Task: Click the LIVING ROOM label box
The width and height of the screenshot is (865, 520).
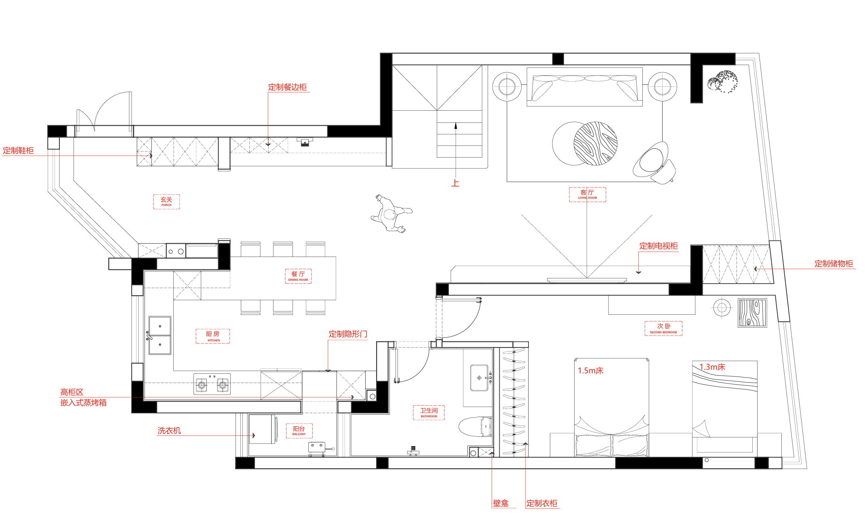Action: click(587, 194)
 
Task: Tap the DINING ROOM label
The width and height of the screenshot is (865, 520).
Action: click(298, 276)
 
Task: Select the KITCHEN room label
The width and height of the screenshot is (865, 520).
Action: click(213, 336)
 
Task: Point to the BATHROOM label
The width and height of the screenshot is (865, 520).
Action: click(429, 413)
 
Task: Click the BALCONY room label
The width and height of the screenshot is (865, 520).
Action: click(299, 431)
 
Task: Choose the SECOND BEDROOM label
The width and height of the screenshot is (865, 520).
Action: click(663, 328)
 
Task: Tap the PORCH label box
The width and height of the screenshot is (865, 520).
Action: click(166, 202)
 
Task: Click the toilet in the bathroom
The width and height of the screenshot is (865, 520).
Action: click(475, 427)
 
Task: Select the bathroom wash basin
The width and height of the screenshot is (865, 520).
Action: click(480, 378)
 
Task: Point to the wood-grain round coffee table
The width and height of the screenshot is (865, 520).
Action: click(596, 143)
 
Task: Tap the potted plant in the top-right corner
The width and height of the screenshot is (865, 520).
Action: click(722, 82)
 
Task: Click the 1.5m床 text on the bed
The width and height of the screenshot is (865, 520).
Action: click(591, 371)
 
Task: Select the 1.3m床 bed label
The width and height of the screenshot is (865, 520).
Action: click(712, 367)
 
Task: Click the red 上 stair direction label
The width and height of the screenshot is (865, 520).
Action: click(455, 183)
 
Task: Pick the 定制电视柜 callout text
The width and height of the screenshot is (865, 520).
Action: click(659, 246)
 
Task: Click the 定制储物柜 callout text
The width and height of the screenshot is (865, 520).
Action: click(833, 263)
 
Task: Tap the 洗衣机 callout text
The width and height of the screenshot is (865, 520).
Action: click(169, 431)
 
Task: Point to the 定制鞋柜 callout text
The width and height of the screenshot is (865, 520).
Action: click(18, 151)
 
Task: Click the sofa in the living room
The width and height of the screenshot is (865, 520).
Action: click(585, 87)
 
